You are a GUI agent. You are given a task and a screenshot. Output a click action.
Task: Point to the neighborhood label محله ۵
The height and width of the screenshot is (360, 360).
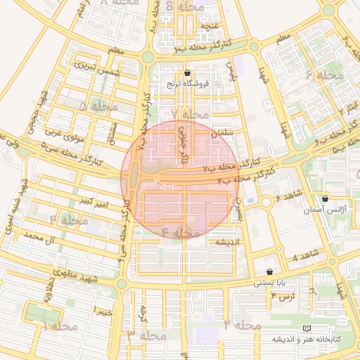point(98,106)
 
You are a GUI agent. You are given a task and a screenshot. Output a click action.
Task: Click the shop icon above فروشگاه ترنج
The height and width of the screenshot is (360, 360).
point(187,73)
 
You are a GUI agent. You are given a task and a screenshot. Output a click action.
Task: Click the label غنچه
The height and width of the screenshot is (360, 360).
point(208,26)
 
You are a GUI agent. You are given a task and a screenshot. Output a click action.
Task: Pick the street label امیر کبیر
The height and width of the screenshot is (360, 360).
point(94,204)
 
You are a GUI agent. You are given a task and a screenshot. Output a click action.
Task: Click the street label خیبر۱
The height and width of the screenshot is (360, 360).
point(103,310)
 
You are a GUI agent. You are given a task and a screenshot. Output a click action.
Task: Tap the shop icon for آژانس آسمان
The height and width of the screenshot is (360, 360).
point(324,199)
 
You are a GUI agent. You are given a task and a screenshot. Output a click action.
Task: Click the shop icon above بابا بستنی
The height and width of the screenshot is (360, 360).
point(269,271)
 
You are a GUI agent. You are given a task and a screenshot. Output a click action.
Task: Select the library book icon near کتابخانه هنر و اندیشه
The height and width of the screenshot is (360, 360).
point(305,328)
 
